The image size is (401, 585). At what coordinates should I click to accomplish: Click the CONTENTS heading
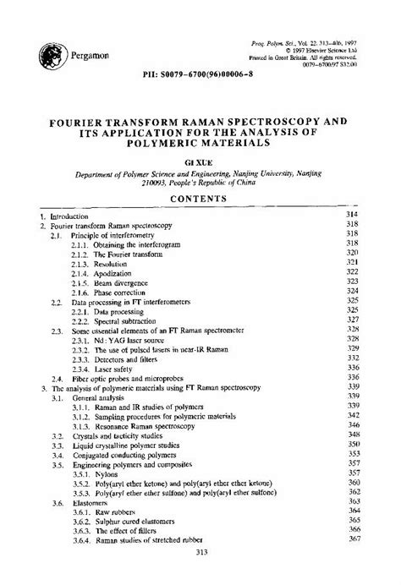200,200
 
